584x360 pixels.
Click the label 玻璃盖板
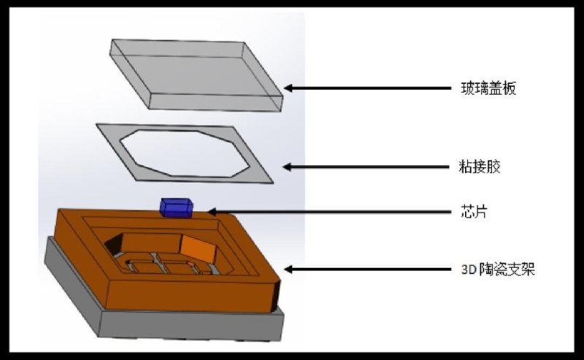488,88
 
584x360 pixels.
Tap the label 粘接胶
480,166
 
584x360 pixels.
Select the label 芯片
474,212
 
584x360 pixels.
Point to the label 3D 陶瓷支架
498,269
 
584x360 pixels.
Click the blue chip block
177,207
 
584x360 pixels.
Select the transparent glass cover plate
196,74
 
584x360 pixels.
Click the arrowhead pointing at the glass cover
288,88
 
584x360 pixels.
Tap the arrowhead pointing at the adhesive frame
287,166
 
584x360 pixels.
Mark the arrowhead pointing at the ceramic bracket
288,269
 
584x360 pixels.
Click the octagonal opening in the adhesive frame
185,153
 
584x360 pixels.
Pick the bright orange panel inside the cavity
199,249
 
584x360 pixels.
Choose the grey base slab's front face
191,325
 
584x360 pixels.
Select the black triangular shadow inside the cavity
113,245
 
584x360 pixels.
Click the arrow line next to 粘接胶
366,167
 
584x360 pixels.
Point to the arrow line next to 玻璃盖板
367,88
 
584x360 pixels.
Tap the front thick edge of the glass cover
216,102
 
